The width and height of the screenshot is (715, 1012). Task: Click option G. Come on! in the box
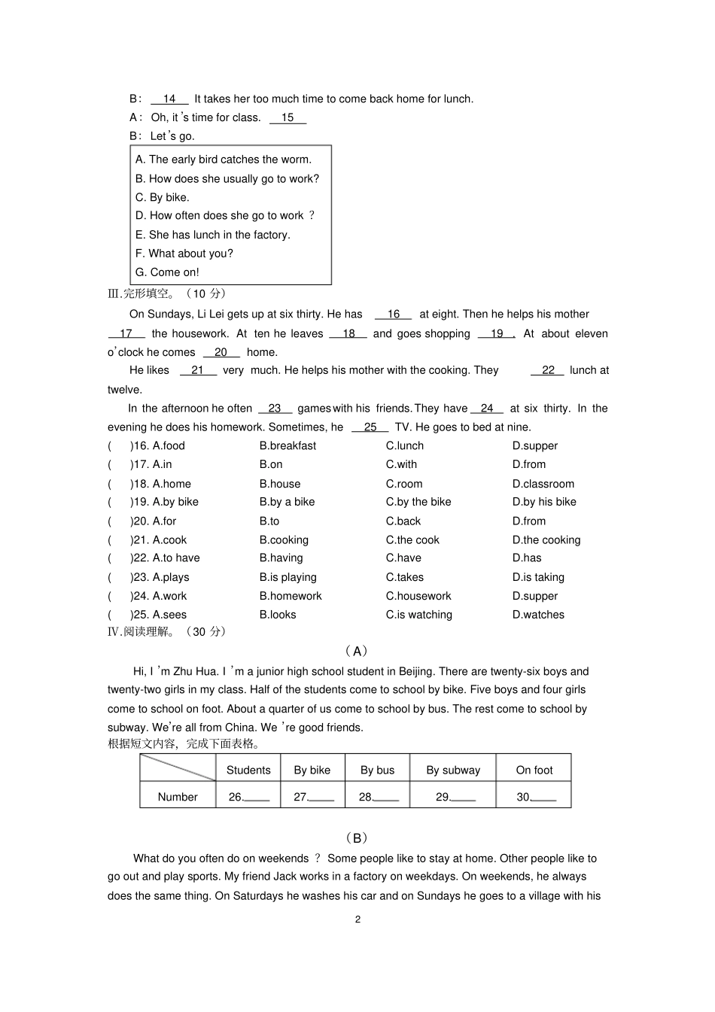[x=167, y=272]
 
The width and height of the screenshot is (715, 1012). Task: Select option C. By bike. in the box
[x=162, y=197]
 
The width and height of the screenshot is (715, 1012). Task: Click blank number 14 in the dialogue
[x=169, y=99]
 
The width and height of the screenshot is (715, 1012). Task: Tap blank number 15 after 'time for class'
[x=288, y=117]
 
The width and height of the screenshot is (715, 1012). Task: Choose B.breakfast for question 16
[x=288, y=445]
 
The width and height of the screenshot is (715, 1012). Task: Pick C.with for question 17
[x=401, y=464]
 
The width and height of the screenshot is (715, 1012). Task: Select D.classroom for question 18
[x=543, y=484]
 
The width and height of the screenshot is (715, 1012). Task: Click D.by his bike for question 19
[x=544, y=502]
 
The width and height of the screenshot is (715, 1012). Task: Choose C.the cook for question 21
[x=412, y=539]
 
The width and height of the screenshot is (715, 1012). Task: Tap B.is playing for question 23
[x=288, y=577]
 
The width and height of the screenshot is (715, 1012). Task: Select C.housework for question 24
[x=418, y=596]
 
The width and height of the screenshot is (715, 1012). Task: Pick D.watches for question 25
[x=538, y=615]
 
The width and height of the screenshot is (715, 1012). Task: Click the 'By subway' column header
[x=453, y=770]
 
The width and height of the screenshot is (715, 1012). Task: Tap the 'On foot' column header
[x=534, y=770]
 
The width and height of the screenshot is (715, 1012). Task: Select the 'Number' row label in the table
[x=178, y=797]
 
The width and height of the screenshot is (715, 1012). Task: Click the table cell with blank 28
[x=378, y=797]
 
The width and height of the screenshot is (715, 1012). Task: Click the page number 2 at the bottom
[x=357, y=919]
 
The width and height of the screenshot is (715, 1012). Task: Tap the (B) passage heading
[x=357, y=837]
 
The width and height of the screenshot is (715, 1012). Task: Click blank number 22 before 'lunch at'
[x=547, y=370]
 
